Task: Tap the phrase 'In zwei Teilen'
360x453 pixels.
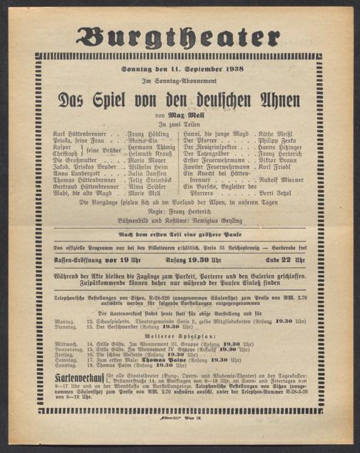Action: (179, 125)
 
